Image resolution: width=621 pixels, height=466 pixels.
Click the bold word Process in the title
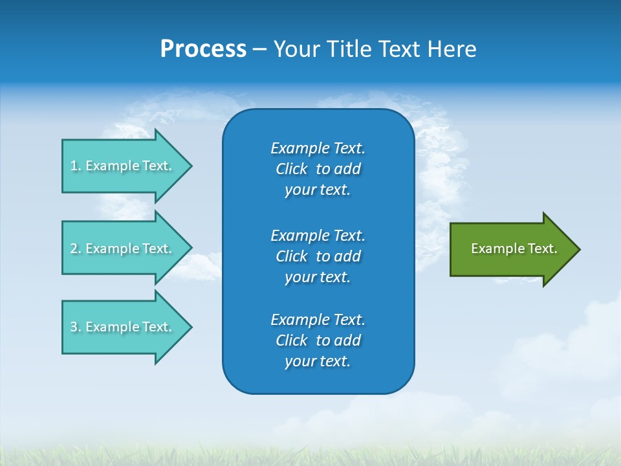click(203, 49)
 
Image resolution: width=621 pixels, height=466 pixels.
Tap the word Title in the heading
click(351, 49)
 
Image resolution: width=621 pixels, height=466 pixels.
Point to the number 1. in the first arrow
click(76, 166)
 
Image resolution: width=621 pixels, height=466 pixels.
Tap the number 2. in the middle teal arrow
click(76, 249)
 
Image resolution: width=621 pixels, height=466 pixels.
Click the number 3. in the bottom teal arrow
click(76, 327)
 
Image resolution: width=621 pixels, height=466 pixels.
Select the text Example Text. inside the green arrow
click(514, 249)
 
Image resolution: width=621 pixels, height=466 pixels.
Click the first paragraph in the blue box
click(318, 169)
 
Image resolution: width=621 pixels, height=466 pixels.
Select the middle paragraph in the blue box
click(318, 256)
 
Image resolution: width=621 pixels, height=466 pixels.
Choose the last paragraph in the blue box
click(318, 340)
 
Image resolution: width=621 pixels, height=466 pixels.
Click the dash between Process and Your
click(259, 49)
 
